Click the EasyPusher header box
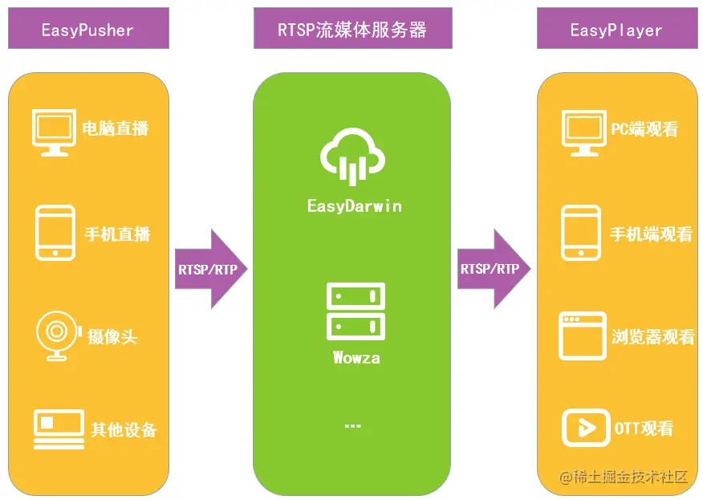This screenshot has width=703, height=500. point(87,30)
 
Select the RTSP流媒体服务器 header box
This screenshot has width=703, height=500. point(352,30)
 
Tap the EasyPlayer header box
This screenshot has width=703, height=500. point(616,30)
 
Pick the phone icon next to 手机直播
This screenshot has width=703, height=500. point(55,233)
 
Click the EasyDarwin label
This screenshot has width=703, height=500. point(354,206)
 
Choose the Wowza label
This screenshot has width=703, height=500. point(356,358)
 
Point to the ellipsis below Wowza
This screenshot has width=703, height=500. point(352,425)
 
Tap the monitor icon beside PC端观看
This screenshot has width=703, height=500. point(582,132)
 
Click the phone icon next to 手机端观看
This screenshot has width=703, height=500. point(581,233)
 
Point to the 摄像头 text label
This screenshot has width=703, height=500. point(112,336)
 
